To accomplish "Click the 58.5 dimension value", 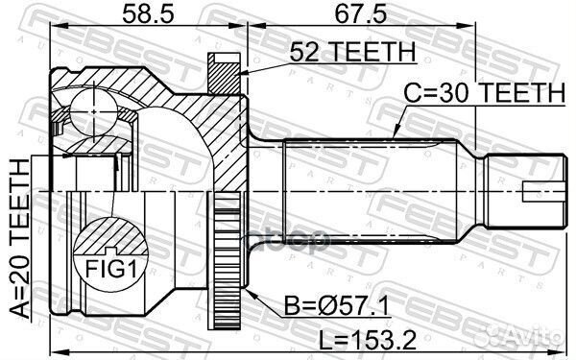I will click(141, 13).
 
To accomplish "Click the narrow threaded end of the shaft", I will click(522, 192).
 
